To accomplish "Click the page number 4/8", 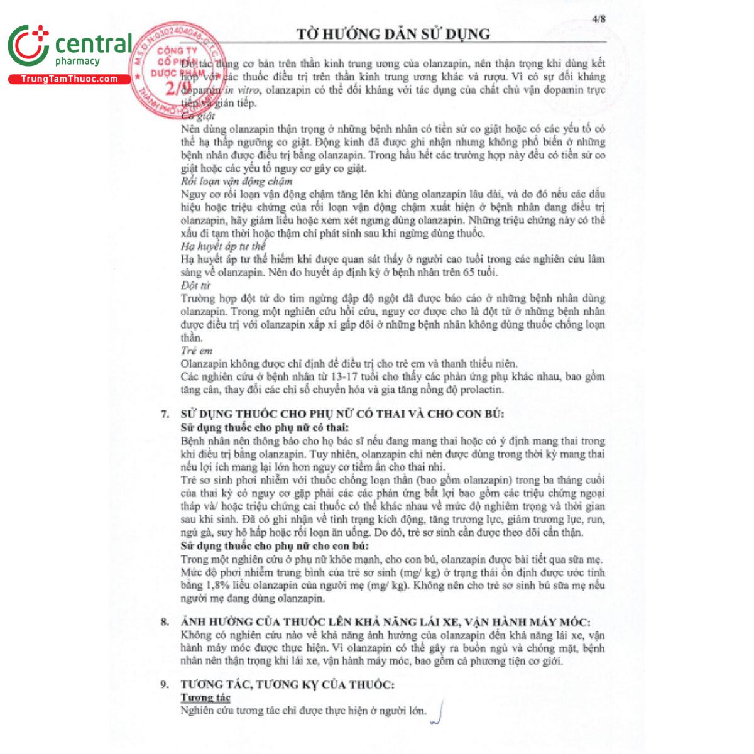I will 598,18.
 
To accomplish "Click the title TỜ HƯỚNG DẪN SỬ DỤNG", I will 393,34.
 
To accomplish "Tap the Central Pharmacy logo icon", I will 28,46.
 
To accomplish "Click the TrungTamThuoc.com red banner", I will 69,79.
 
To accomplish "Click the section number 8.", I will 165,622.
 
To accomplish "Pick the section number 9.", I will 165,685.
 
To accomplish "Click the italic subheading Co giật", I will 198,116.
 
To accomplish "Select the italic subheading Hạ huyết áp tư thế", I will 223,246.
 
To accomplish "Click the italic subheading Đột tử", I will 195,286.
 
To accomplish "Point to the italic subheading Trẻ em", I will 197,351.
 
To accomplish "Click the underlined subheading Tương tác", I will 205,697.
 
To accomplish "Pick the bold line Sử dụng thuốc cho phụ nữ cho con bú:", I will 274,545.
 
